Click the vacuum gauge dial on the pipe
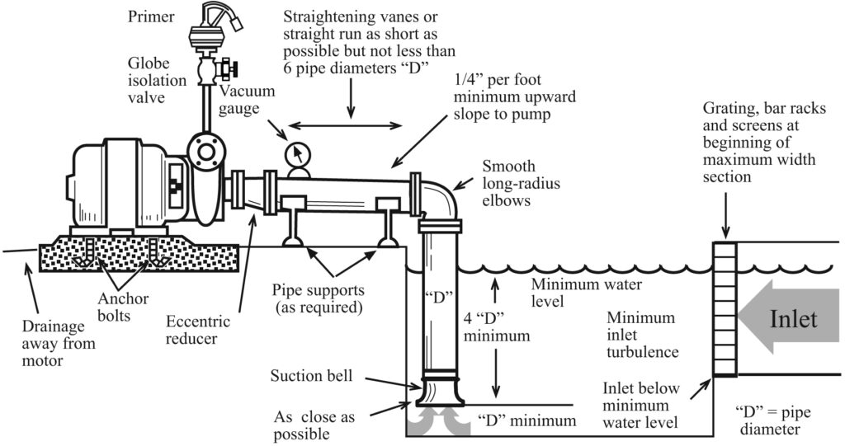coord(296,154)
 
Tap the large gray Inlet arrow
coord(788,317)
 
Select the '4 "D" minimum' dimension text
coord(496,327)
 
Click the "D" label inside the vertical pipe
coord(439,294)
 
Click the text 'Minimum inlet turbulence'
coord(641,335)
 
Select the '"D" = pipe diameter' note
coord(767,420)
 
